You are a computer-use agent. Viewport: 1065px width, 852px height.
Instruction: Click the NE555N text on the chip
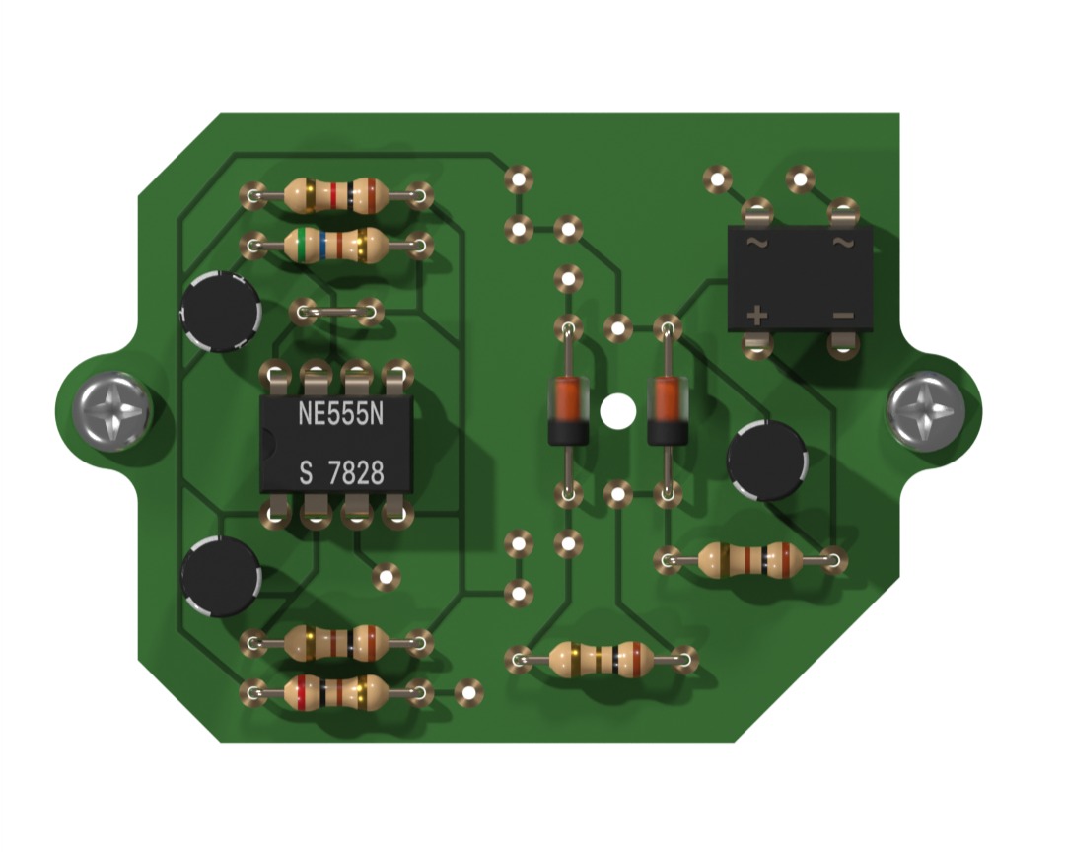click(340, 415)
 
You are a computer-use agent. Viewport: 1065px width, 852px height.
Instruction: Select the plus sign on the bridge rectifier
click(756, 316)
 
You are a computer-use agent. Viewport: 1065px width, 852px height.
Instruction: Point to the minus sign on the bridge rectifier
click(842, 316)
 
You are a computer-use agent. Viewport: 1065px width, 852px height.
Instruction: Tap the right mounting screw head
click(924, 410)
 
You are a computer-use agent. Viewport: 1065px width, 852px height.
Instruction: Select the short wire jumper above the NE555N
click(335, 313)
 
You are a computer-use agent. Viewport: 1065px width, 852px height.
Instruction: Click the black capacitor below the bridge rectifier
click(766, 460)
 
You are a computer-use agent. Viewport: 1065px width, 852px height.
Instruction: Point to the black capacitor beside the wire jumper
click(221, 312)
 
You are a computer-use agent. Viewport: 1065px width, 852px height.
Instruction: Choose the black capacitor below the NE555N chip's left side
click(221, 576)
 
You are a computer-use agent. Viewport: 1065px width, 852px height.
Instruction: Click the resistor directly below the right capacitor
click(750, 561)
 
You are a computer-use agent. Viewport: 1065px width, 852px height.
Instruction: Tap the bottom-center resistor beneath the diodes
click(601, 658)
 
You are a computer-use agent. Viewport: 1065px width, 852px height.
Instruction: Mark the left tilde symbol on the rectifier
click(756, 242)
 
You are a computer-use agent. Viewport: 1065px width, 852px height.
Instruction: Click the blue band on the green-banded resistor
click(322, 245)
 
